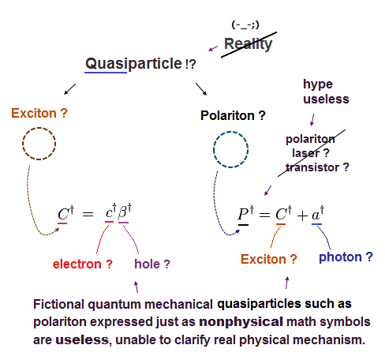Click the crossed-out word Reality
(x=248, y=44)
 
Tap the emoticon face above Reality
(x=245, y=24)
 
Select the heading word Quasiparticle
(x=133, y=64)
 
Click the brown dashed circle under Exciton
(x=39, y=129)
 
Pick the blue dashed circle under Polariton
(x=230, y=132)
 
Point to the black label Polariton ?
(x=233, y=115)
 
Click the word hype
(x=318, y=84)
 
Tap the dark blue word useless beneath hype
(x=326, y=99)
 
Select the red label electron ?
(x=83, y=264)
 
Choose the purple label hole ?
(x=152, y=264)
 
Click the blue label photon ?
(x=346, y=257)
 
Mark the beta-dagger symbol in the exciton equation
(x=125, y=211)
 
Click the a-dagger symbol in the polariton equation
(x=318, y=213)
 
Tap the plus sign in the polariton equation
(x=302, y=216)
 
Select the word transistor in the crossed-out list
(x=312, y=167)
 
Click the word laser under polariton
(x=306, y=153)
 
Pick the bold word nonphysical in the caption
(x=241, y=322)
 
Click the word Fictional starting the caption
(x=58, y=304)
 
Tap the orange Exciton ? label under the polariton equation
(x=269, y=259)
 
